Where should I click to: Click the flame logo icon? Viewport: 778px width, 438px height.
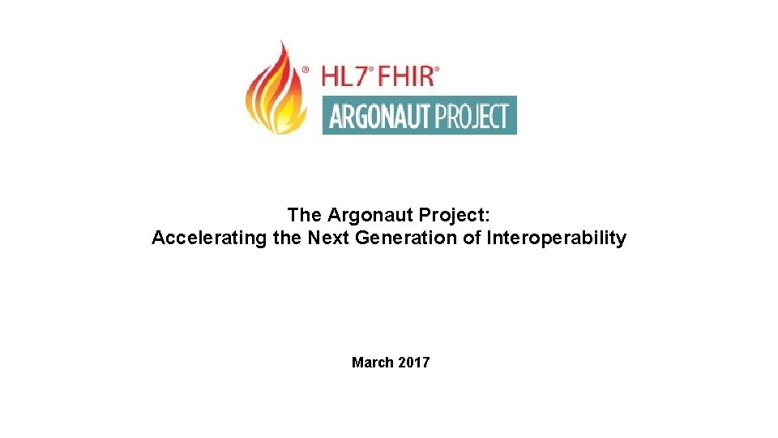pos(275,89)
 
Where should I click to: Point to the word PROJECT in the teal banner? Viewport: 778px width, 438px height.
pos(473,116)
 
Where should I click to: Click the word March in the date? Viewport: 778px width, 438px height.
pos(372,363)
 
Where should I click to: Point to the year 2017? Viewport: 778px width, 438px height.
pos(413,363)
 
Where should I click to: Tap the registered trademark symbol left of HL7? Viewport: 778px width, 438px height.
pos(305,71)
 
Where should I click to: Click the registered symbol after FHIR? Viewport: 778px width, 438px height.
pos(437,70)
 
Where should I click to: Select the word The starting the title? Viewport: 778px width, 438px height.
pos(305,215)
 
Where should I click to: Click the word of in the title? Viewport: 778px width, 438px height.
pos(472,238)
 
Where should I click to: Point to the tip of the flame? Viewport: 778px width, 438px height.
pos(283,43)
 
